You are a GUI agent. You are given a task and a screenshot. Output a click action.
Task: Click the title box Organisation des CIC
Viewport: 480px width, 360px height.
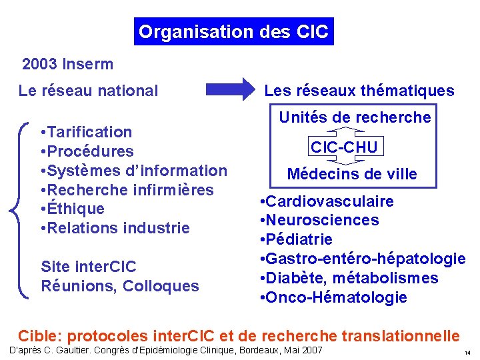click(233, 31)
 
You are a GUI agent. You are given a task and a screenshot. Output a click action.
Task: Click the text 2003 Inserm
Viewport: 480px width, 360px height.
click(67, 65)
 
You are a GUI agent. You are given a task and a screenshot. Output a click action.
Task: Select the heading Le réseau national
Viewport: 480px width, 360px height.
click(89, 91)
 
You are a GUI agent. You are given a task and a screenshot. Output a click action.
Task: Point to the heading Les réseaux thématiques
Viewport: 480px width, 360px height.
click(359, 91)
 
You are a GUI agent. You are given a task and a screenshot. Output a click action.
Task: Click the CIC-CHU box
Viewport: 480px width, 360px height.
click(344, 147)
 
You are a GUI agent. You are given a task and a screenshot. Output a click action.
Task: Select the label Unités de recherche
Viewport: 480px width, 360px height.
click(355, 118)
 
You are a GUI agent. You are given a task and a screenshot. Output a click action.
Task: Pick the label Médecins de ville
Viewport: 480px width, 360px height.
click(352, 175)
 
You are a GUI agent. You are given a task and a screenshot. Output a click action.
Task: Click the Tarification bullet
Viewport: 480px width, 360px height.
click(86, 132)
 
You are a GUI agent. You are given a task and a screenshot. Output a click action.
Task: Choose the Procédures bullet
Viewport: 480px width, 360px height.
click(87, 151)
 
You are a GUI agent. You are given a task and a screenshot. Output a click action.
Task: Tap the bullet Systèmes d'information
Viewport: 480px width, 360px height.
click(133, 171)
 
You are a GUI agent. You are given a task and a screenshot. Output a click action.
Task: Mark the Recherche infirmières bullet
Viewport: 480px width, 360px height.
click(127, 190)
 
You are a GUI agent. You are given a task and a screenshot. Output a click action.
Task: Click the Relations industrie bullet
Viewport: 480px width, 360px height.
click(115, 228)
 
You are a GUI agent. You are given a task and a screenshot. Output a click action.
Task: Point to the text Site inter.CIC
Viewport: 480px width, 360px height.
click(89, 267)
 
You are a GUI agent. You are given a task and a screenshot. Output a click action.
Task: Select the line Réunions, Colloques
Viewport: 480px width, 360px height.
click(120, 286)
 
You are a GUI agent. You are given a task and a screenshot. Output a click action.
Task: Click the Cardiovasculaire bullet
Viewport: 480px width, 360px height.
click(327, 201)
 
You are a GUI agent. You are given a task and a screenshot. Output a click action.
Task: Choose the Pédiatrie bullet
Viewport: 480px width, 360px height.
click(299, 239)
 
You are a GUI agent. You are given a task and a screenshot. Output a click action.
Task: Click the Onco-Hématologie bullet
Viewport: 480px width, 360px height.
click(333, 297)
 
